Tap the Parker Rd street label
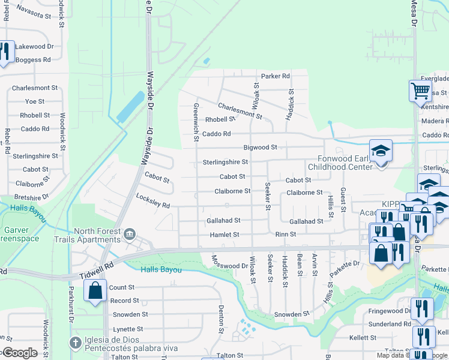(275, 76)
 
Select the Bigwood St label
(260, 147)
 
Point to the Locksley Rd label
(153, 201)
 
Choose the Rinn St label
(285, 235)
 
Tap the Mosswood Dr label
(229, 262)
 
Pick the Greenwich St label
(196, 122)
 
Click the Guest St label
(343, 200)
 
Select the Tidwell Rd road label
(96, 274)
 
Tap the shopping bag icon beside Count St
(95, 291)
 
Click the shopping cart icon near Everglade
(420, 91)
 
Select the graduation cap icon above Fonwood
(381, 151)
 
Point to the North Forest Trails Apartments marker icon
(129, 233)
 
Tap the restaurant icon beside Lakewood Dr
(6, 52)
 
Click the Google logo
(19, 353)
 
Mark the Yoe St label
(35, 101)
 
